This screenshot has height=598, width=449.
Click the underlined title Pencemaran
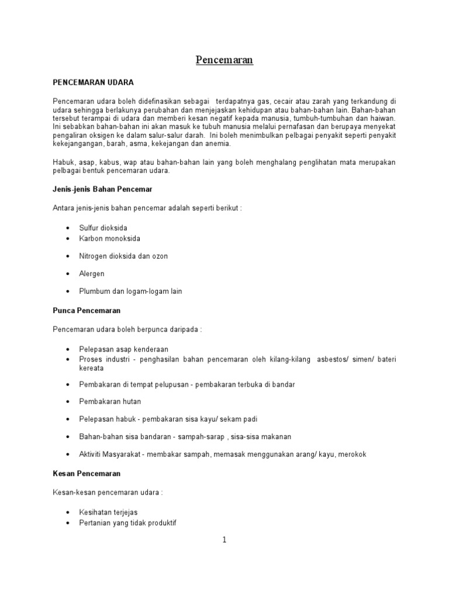(x=224, y=60)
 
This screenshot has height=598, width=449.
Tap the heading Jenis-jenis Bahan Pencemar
(x=102, y=190)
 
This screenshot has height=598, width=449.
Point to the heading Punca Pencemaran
(x=87, y=311)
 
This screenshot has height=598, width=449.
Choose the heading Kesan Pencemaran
(x=87, y=474)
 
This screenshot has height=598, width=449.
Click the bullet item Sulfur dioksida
(x=103, y=228)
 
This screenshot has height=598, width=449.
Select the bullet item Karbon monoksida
(x=109, y=238)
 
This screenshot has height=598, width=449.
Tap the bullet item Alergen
(x=92, y=273)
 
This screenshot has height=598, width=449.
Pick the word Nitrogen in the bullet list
(x=94, y=256)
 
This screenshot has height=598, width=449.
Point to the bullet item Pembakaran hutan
(x=110, y=401)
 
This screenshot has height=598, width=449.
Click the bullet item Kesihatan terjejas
(x=108, y=512)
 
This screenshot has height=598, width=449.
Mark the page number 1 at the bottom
(x=224, y=540)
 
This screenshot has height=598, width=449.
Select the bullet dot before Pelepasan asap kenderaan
(x=68, y=349)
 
